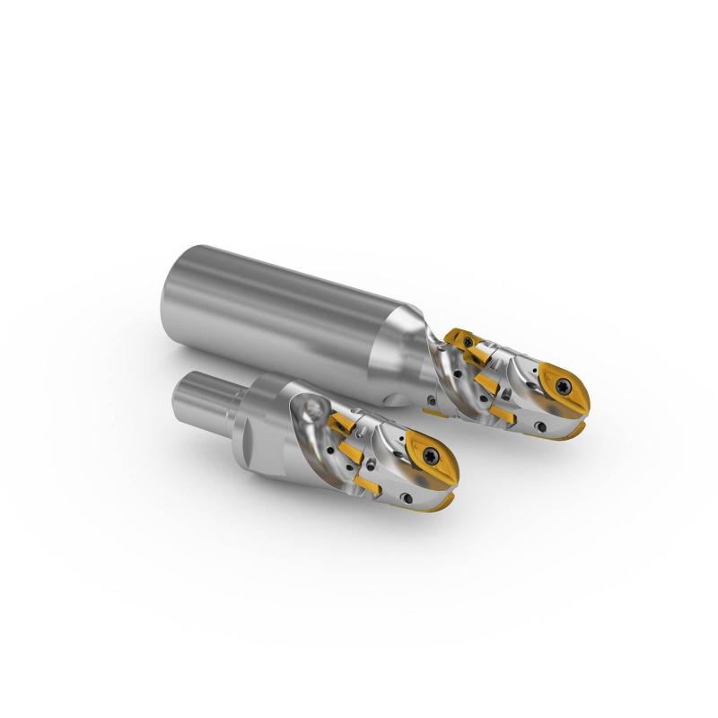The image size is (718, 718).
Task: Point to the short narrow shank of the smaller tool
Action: coord(203,395)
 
